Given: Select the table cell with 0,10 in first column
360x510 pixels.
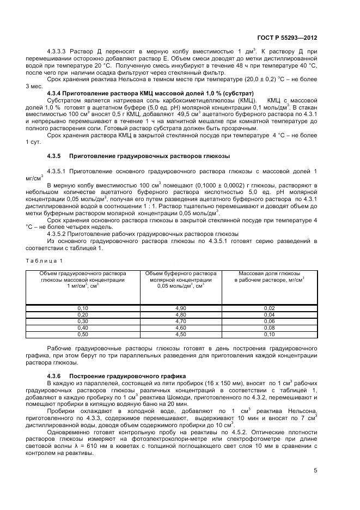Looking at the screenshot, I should click(83, 308).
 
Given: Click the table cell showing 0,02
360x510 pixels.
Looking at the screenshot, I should click(269, 308).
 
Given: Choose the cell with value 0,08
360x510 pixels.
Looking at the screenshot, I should click(269, 327).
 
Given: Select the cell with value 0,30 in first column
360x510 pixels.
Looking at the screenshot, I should click(83, 321).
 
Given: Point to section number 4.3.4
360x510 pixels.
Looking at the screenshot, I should click(57, 93).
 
